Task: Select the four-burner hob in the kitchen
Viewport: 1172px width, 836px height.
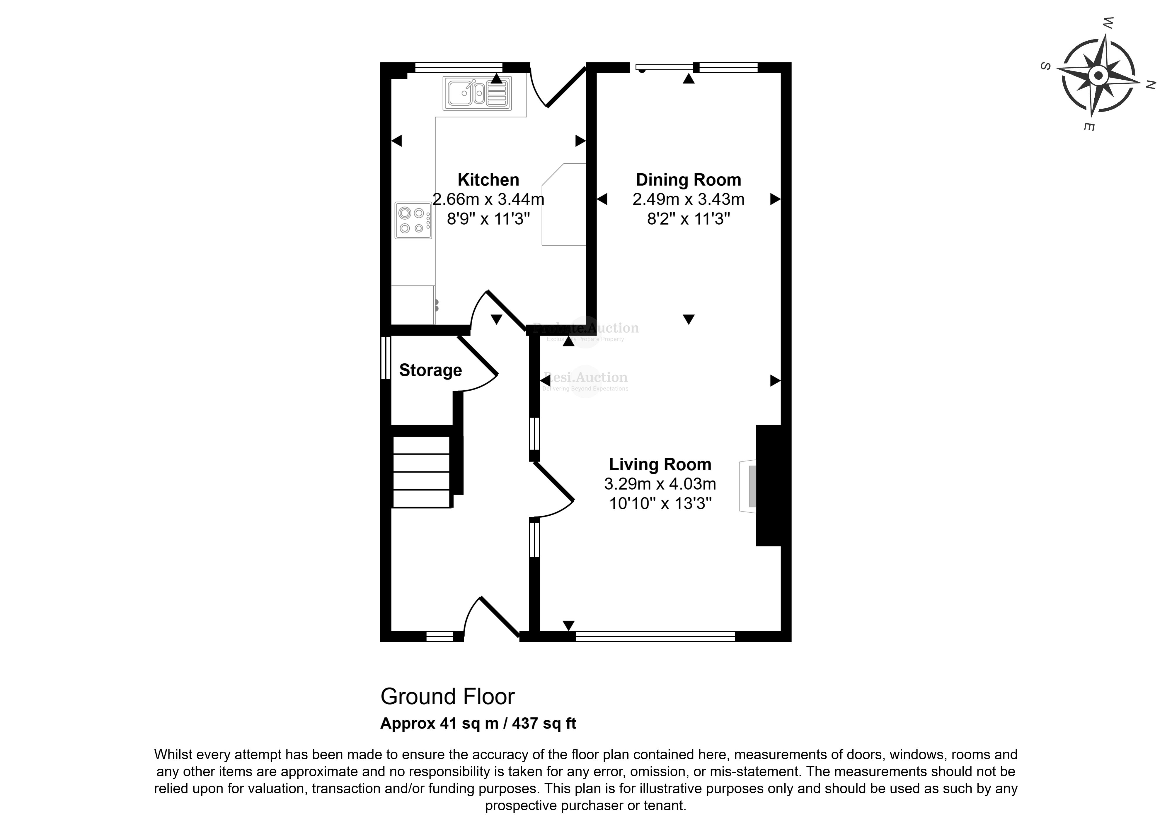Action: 413,220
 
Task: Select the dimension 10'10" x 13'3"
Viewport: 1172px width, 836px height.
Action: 660,503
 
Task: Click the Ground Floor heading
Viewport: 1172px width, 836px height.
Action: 447,697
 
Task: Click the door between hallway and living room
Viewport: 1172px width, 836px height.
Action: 553,482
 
